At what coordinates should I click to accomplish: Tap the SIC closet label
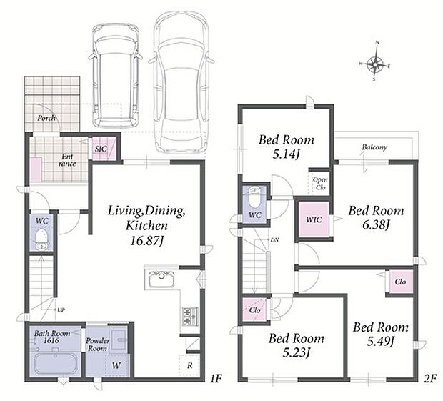pyautogui.click(x=101, y=149)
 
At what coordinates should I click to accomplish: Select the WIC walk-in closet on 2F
pyautogui.click(x=314, y=219)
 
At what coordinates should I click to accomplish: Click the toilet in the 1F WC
pyautogui.click(x=41, y=239)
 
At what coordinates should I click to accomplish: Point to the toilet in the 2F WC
pyautogui.click(x=254, y=198)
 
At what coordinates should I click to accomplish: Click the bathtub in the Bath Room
pyautogui.click(x=56, y=363)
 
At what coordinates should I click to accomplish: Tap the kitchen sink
pyautogui.click(x=161, y=279)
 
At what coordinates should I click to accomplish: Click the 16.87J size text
pyautogui.click(x=147, y=241)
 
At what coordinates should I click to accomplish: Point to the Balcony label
pyautogui.click(x=374, y=147)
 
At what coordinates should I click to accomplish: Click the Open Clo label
pyautogui.click(x=320, y=183)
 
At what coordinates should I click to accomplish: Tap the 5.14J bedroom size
pyautogui.click(x=286, y=154)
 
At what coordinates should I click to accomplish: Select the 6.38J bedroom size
pyautogui.click(x=376, y=225)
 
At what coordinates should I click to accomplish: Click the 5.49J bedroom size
pyautogui.click(x=381, y=342)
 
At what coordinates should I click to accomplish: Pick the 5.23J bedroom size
pyautogui.click(x=296, y=352)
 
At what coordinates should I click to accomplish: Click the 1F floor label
pyautogui.click(x=216, y=378)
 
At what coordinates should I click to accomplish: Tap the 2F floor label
pyautogui.click(x=430, y=378)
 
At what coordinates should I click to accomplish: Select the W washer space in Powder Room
pyautogui.click(x=116, y=365)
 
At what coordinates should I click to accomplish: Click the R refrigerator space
pyautogui.click(x=189, y=365)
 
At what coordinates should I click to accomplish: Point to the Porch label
pyautogui.click(x=46, y=118)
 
